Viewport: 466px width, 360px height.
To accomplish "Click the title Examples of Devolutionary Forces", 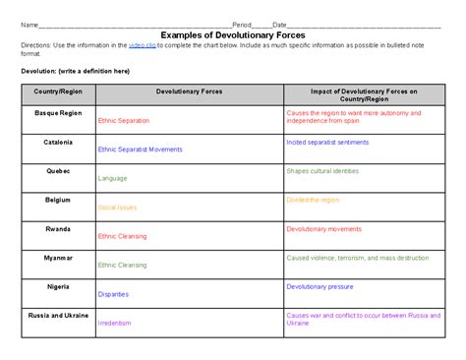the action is [x=232, y=34].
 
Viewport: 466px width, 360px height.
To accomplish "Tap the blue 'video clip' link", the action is [x=142, y=45].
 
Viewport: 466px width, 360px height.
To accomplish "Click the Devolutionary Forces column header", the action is [x=189, y=90].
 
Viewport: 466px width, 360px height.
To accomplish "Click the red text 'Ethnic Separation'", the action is [x=124, y=121].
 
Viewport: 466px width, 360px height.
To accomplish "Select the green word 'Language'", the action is [x=112, y=178].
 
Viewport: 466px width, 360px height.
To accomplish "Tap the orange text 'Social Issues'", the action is [x=117, y=208].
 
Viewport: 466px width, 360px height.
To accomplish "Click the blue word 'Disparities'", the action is [x=114, y=293].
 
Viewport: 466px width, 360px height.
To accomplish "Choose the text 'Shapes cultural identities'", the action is [x=322, y=170].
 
